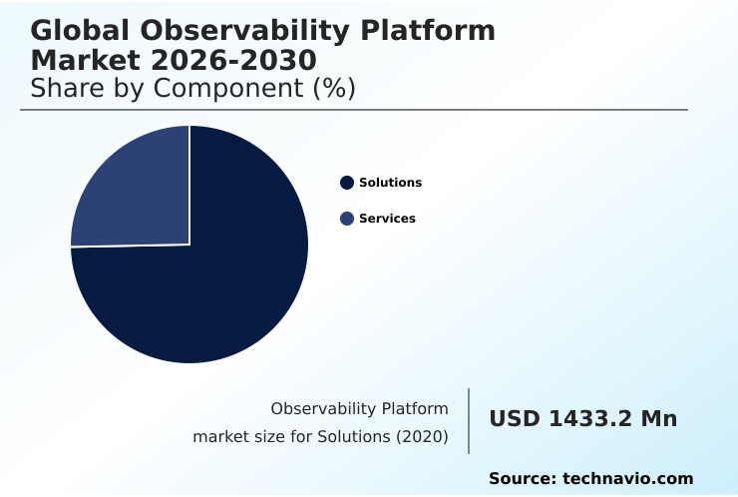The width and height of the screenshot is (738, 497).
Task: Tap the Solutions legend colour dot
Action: pyautogui.click(x=347, y=183)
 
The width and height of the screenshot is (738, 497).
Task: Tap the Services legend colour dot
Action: pyautogui.click(x=347, y=219)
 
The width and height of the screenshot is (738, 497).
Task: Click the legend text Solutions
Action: pyautogui.click(x=390, y=183)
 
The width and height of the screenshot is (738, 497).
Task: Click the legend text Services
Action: pyautogui.click(x=387, y=219)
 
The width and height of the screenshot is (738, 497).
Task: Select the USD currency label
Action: pyautogui.click(x=515, y=419)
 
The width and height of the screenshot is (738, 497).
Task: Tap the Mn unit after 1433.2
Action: pyautogui.click(x=658, y=419)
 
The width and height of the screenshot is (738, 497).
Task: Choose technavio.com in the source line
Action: pyautogui.click(x=627, y=479)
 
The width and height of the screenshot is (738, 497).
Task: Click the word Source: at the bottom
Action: pyautogui.click(x=522, y=479)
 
